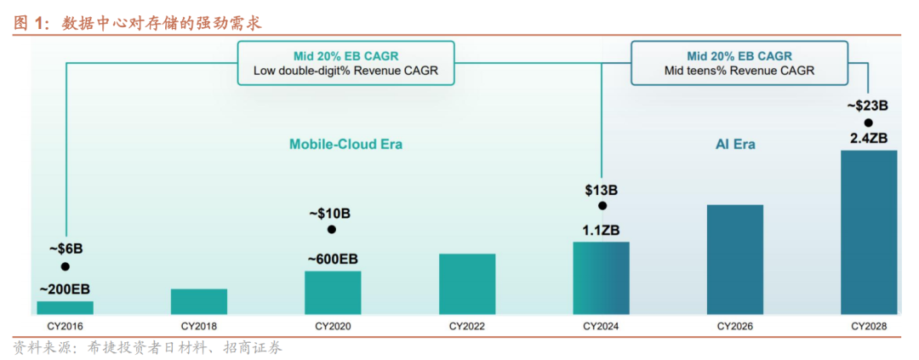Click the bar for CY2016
point(65,307)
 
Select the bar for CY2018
point(198,301)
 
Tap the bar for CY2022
point(466,283)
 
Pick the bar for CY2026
point(734,259)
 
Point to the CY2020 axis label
point(333,326)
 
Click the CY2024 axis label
point(601,326)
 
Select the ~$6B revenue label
point(66,249)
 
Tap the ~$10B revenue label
point(332,212)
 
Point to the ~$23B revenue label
point(868,106)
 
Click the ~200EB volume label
point(66,287)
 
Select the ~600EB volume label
point(332,257)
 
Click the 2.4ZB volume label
point(869,138)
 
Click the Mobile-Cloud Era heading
point(345,145)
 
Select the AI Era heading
point(734,145)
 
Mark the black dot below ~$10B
point(332,230)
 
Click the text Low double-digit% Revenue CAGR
point(345,71)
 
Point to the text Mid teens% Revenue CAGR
point(739,71)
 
